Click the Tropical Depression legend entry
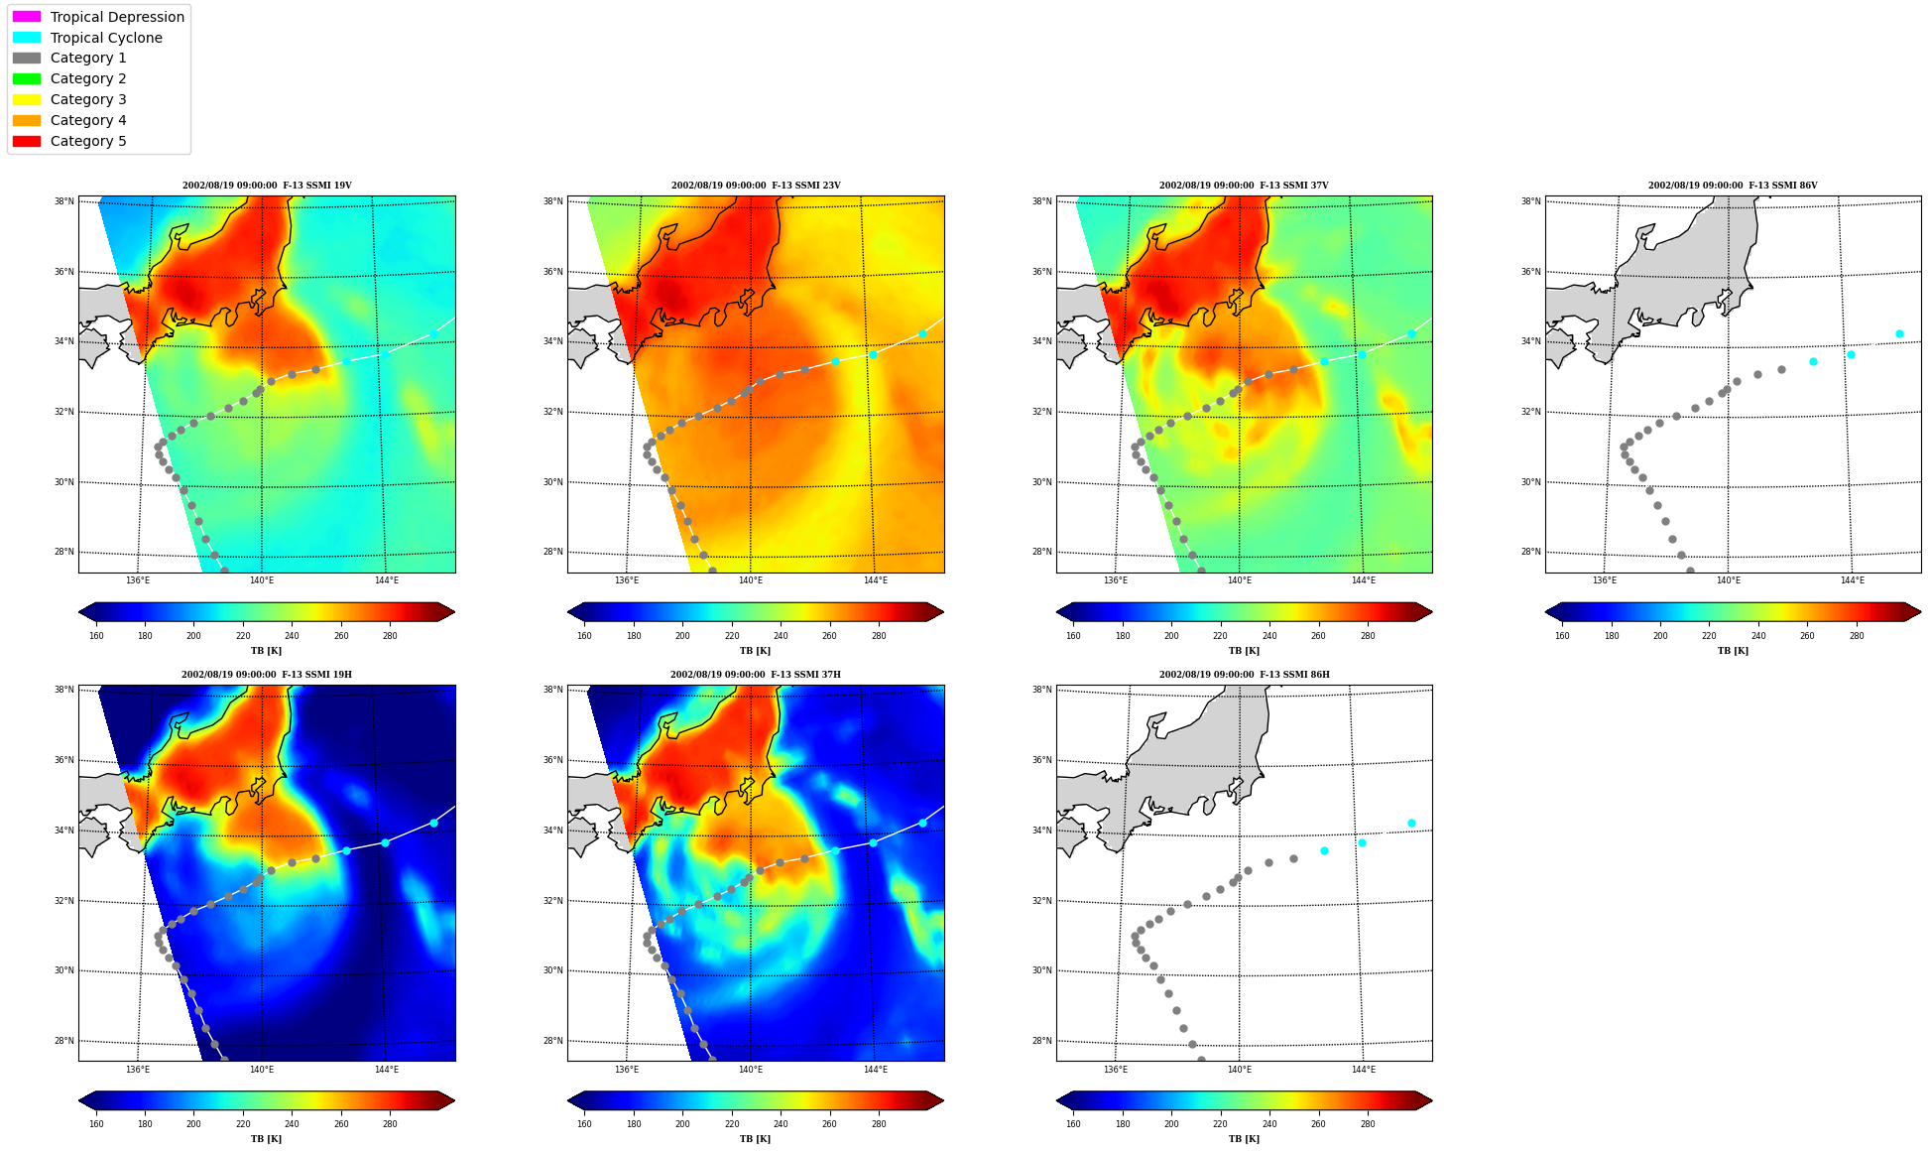point(98,17)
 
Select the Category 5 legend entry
point(69,141)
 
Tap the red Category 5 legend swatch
point(27,141)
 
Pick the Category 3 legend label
point(88,99)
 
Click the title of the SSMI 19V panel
point(267,186)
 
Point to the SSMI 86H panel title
point(1245,675)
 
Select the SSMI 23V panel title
point(756,186)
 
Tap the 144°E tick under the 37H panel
point(876,1070)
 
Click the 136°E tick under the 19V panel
point(138,580)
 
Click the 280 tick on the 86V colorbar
point(1857,636)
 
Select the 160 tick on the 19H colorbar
point(96,1124)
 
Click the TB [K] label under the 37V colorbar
point(1244,651)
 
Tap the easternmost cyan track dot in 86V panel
point(1899,334)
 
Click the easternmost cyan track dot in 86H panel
point(1411,824)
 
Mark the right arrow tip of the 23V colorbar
point(944,612)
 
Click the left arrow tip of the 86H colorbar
point(1057,1100)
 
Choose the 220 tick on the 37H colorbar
point(732,1124)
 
